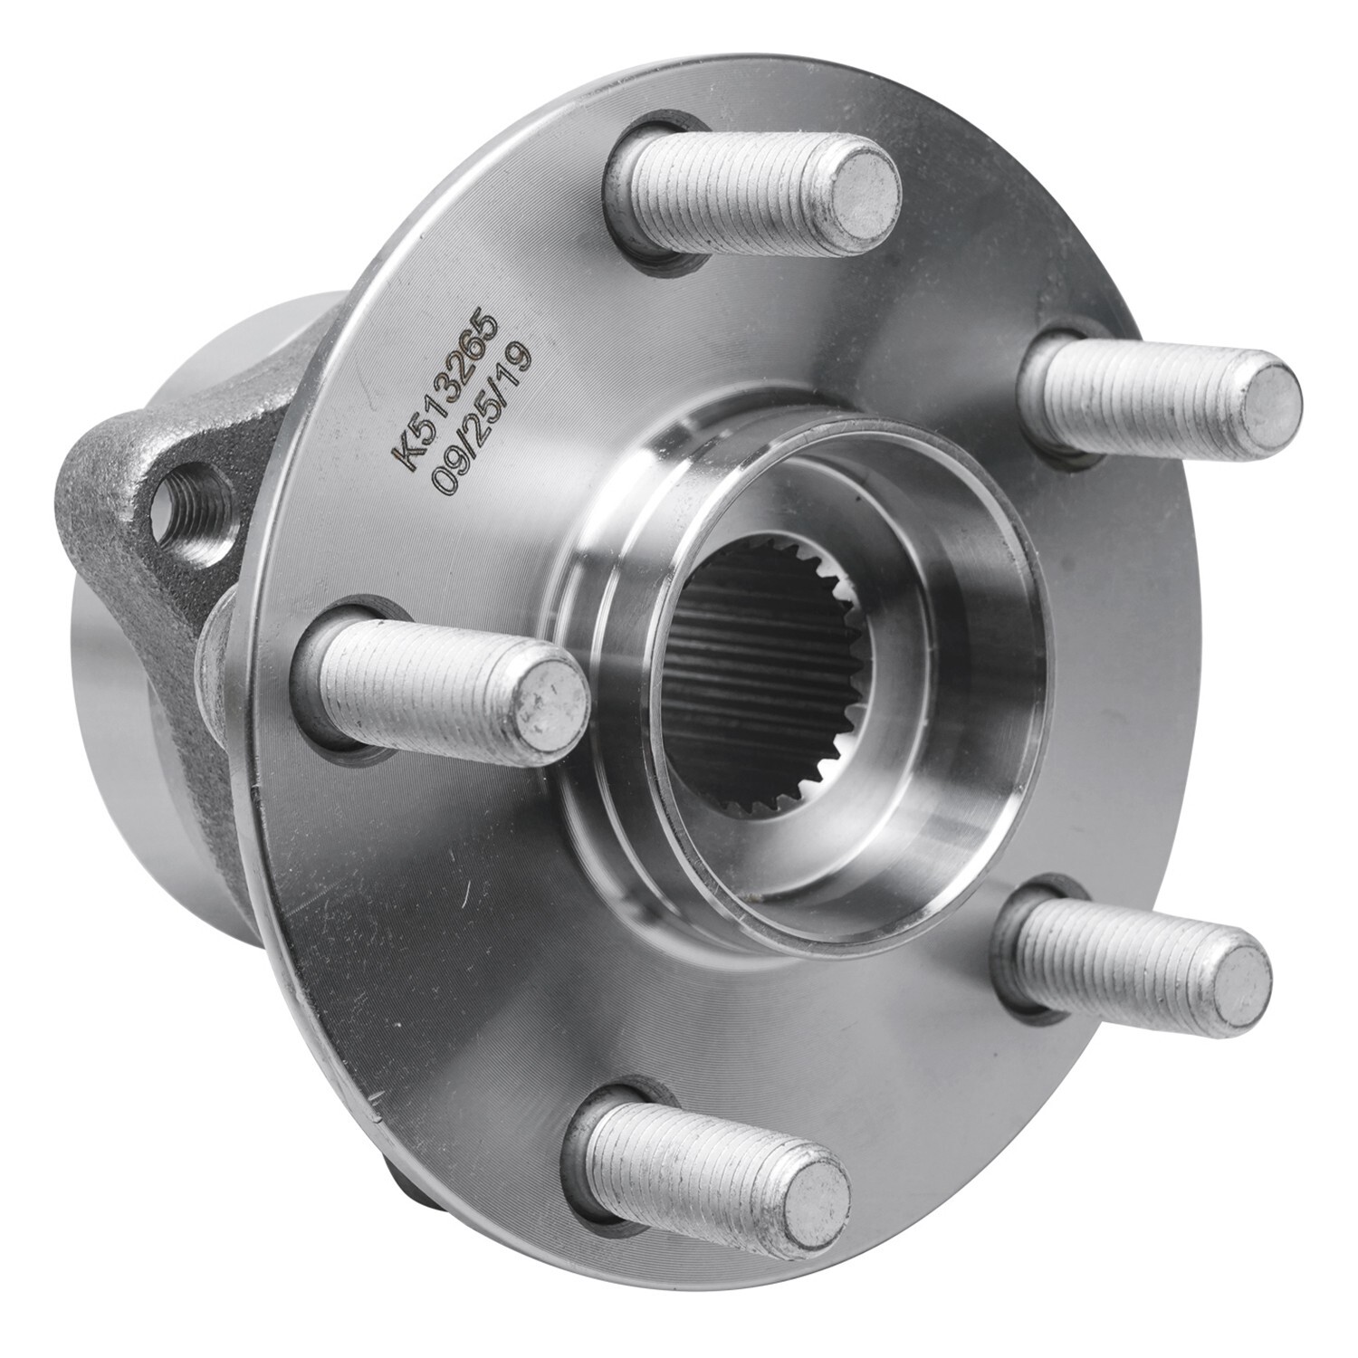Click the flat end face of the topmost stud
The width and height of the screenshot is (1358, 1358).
click(864, 186)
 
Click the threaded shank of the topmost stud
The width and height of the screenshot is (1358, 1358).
click(724, 190)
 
